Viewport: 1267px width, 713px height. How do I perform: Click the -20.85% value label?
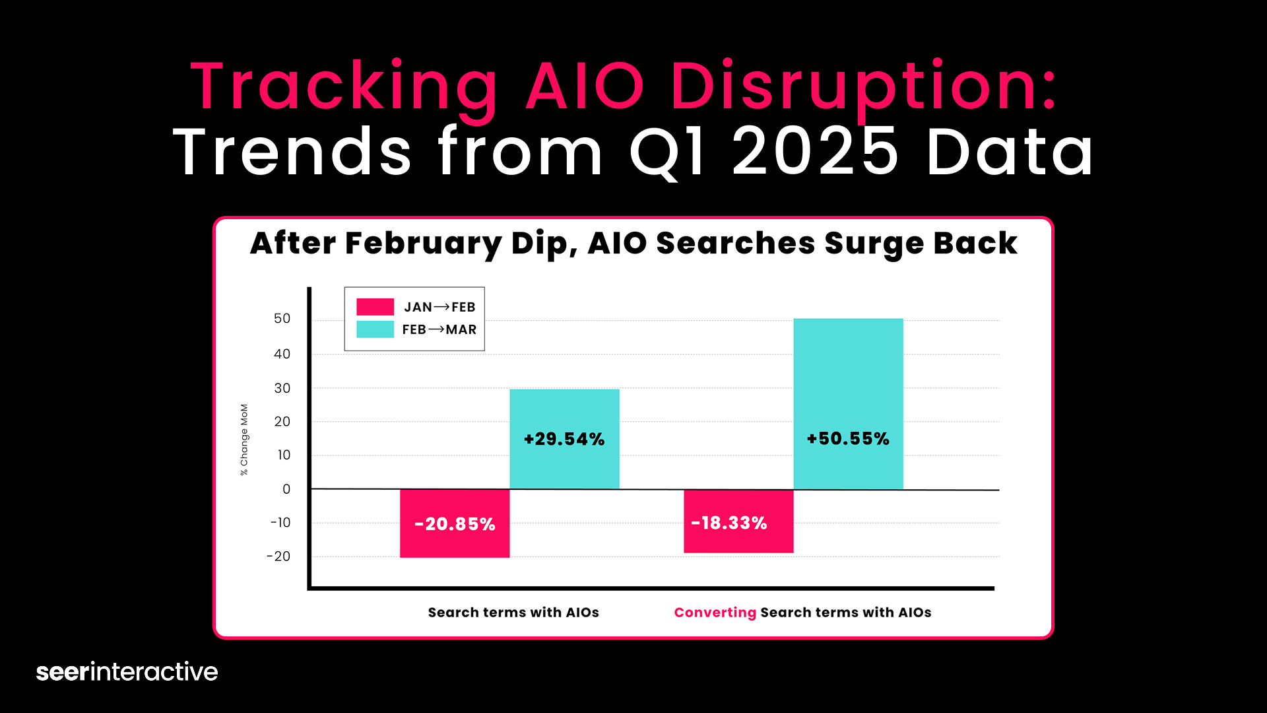tap(455, 524)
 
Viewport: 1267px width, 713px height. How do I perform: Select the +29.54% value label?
tap(564, 440)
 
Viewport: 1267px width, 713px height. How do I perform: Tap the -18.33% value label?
tap(729, 524)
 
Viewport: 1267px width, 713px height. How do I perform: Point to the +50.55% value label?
tap(848, 439)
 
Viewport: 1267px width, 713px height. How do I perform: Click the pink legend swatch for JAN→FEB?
tap(375, 307)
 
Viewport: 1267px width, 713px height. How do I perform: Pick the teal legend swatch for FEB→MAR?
tap(375, 329)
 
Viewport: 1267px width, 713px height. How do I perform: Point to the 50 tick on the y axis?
tap(282, 319)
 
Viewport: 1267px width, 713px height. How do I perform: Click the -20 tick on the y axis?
tap(278, 557)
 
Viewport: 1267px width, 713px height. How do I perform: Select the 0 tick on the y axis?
tap(286, 489)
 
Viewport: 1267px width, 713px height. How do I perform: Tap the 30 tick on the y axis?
tap(282, 388)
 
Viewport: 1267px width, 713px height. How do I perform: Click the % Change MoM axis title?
tap(244, 440)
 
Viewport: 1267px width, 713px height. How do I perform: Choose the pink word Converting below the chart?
tap(715, 613)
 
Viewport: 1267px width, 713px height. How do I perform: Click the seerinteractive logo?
tap(127, 671)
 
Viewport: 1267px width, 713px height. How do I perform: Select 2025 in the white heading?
tap(815, 152)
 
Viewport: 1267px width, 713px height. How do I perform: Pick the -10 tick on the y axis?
tap(280, 523)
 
